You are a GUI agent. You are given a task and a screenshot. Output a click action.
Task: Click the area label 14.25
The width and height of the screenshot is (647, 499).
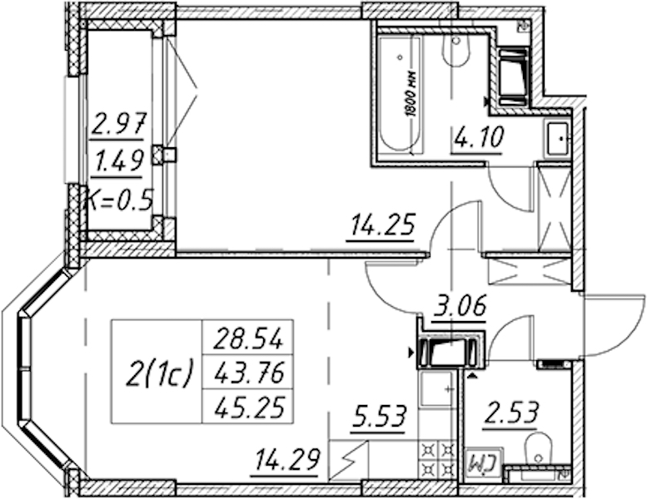point(381,225)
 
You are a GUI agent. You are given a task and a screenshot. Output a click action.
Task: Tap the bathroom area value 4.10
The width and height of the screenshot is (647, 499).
point(479,137)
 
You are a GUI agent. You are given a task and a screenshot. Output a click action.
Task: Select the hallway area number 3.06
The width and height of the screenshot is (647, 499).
point(459,305)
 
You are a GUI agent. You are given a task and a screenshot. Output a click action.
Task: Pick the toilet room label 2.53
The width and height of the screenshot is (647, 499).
point(511,413)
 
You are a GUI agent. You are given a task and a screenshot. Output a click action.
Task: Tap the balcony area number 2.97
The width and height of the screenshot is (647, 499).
point(118,125)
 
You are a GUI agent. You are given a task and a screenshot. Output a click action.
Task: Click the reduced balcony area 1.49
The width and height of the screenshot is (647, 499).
point(117,161)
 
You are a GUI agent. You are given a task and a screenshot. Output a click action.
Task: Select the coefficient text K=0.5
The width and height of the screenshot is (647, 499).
point(119,199)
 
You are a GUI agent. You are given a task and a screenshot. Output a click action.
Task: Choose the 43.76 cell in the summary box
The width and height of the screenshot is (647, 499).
point(248,373)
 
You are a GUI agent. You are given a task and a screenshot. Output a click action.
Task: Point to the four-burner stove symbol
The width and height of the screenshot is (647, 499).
point(437,459)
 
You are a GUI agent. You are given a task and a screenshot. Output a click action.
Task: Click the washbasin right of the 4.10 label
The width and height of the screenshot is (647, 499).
point(558,139)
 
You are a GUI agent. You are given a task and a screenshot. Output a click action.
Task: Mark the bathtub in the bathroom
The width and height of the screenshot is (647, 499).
point(401,94)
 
